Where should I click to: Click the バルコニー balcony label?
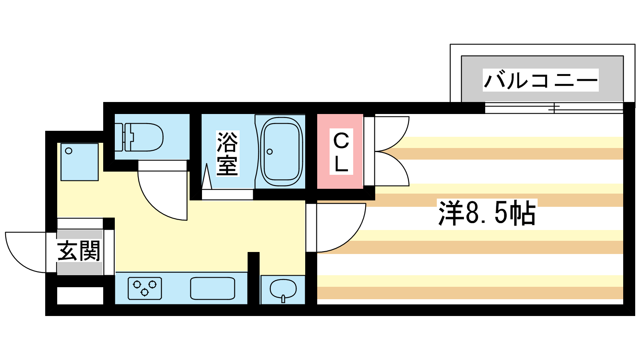(x=540, y=80)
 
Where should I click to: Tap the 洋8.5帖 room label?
(x=487, y=213)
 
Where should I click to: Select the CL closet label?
(x=341, y=152)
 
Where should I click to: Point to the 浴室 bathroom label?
(x=227, y=154)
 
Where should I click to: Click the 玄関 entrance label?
(x=79, y=251)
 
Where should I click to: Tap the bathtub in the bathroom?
(x=281, y=152)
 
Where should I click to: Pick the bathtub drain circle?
(x=270, y=152)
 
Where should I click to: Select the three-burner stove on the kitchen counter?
(x=145, y=288)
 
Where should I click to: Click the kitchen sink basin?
(x=212, y=288)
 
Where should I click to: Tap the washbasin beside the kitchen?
(x=283, y=289)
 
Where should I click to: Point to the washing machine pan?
(x=80, y=162)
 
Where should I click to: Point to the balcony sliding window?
(x=554, y=108)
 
